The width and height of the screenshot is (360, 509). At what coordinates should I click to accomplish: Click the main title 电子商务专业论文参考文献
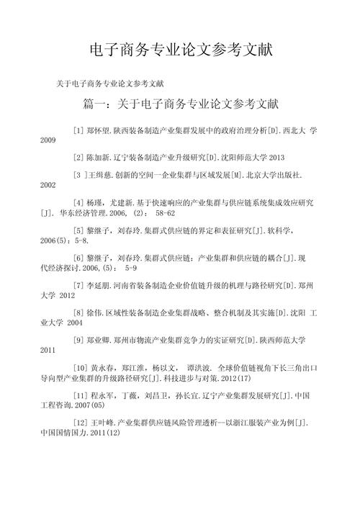(180, 50)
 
